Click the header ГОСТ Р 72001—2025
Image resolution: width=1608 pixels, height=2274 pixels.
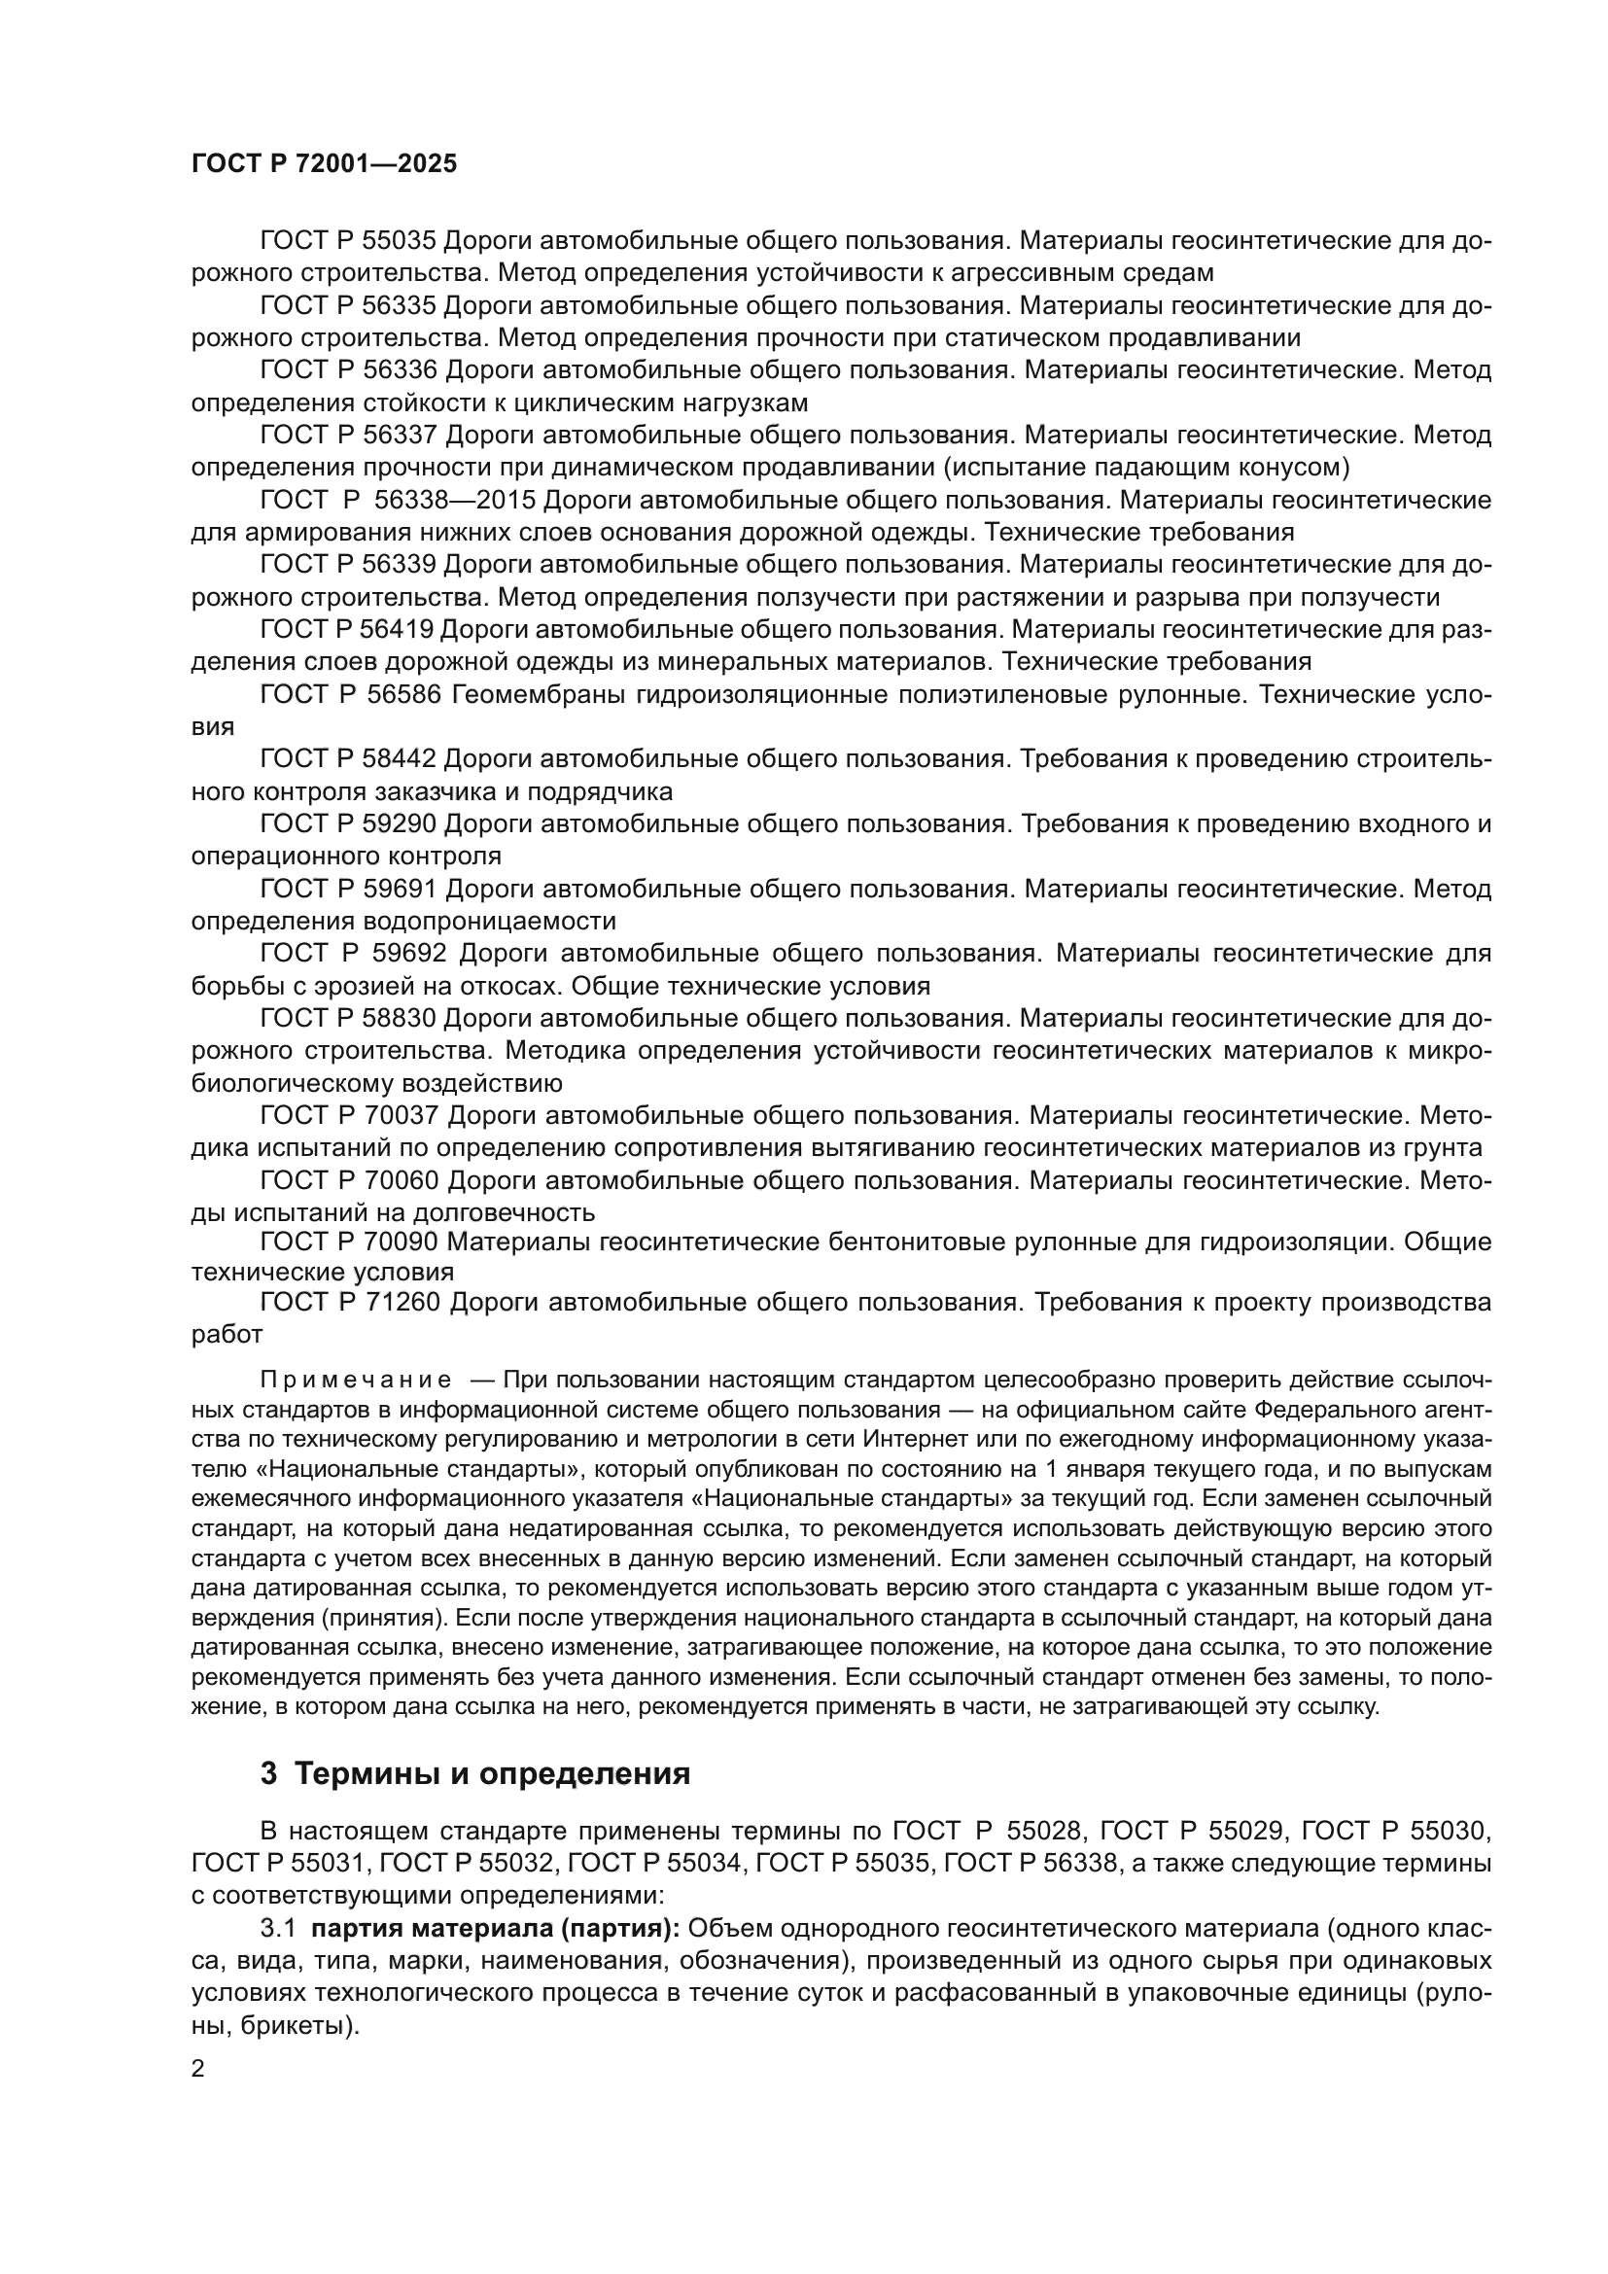(324, 164)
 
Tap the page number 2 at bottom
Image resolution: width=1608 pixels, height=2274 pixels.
(198, 2069)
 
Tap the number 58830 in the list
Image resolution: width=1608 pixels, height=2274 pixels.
(399, 1018)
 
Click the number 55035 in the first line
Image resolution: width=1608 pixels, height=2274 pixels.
(399, 241)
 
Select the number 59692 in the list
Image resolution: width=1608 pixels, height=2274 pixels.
(407, 953)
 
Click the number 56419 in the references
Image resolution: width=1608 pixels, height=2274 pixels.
(398, 630)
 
